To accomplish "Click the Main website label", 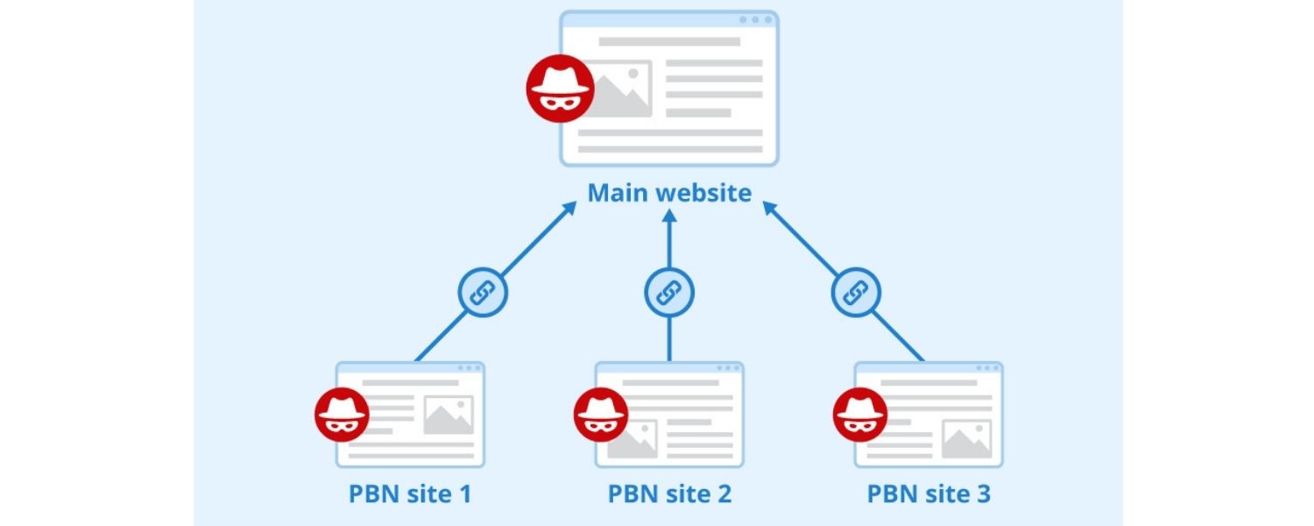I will click(669, 192).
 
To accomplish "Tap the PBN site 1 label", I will click(410, 494).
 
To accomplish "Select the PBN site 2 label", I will click(669, 494).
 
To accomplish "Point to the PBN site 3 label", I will click(929, 494).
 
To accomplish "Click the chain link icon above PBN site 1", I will click(483, 291).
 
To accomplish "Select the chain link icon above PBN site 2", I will click(669, 291).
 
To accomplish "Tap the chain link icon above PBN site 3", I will click(855, 291).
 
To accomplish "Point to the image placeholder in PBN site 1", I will click(448, 415).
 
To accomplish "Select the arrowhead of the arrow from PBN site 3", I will click(768, 208).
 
